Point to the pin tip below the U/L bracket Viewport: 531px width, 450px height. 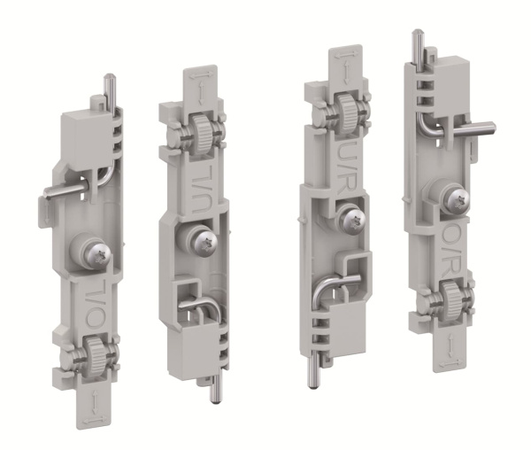214,398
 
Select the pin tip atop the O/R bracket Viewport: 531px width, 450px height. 417,36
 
